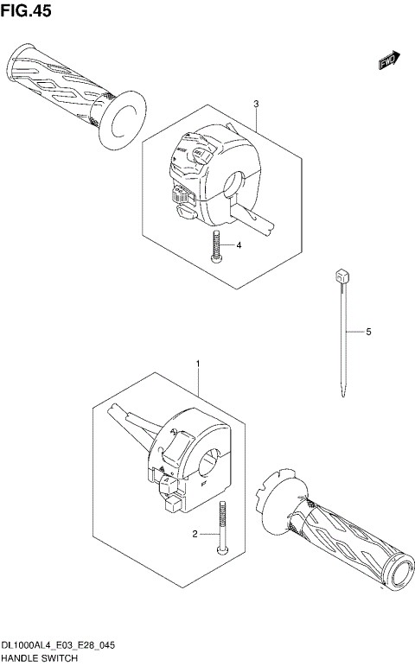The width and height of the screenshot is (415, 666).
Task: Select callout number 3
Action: point(256,105)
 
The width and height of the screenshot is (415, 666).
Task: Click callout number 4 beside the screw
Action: point(239,245)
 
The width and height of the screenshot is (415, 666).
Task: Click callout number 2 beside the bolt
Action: point(195,535)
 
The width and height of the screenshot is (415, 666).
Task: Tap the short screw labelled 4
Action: point(216,247)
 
